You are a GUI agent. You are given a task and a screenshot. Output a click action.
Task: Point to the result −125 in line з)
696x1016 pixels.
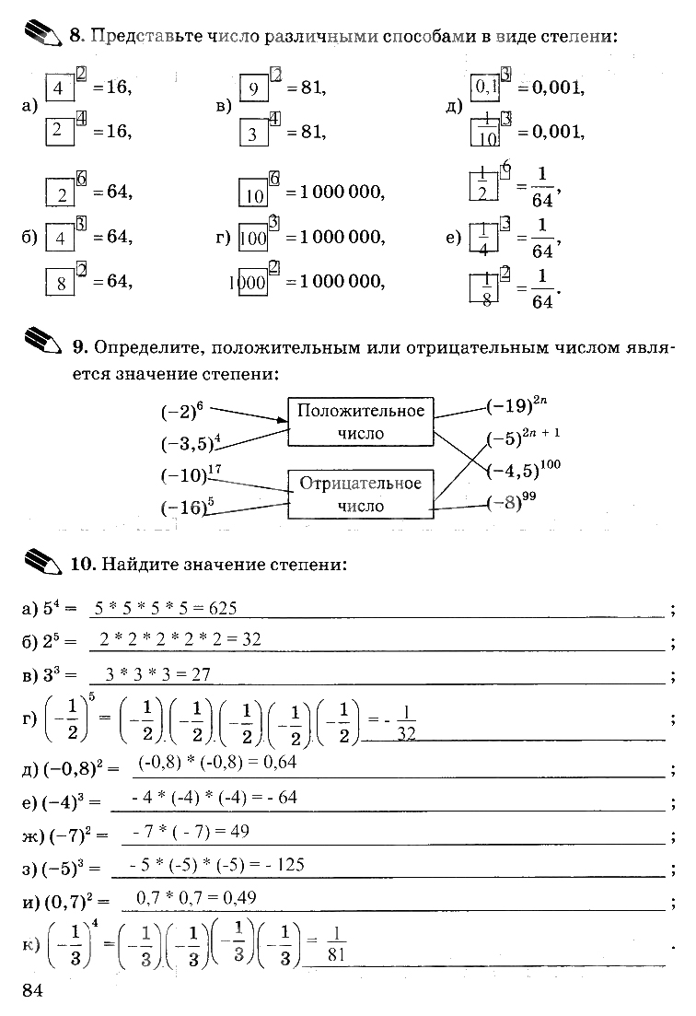pos(282,864)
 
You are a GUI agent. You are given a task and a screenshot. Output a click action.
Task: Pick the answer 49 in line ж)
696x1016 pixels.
pos(239,831)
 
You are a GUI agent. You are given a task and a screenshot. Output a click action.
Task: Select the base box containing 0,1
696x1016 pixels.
pos(485,88)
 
